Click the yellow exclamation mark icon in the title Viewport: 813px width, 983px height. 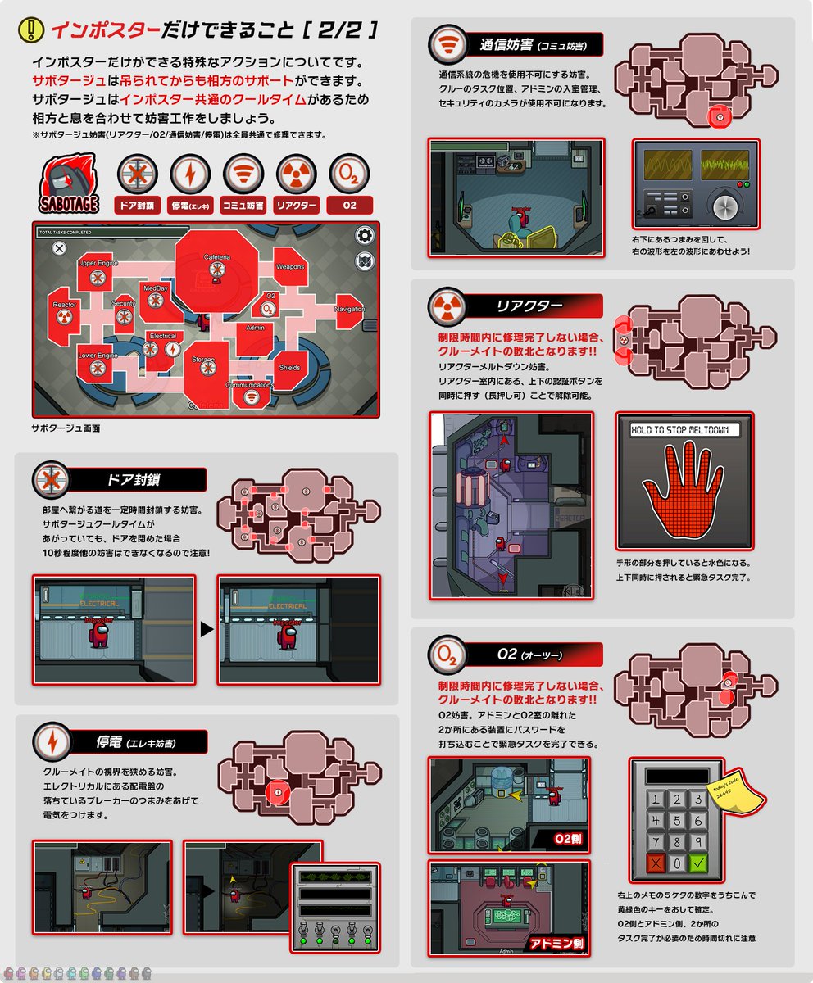tap(31, 30)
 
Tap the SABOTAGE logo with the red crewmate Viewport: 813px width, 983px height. tap(70, 185)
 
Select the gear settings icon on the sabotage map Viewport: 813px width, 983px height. tap(365, 236)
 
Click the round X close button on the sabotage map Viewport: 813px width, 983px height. tap(59, 248)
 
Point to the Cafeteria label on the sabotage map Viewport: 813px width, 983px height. tap(217, 257)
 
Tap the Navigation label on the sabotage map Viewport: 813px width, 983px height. tap(350, 309)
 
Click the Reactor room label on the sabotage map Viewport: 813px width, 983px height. tap(65, 305)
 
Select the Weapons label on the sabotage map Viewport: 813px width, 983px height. tap(290, 267)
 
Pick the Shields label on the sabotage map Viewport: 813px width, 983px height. tap(289, 368)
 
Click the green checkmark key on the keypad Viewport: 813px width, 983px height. tap(697, 862)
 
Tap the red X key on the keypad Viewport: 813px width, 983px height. tap(656, 862)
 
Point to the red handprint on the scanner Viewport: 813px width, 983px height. tap(684, 492)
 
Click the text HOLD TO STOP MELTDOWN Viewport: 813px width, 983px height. tap(684, 430)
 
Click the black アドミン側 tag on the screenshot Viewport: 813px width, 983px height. tap(556, 943)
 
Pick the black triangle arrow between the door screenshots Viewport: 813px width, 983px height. tap(207, 630)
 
